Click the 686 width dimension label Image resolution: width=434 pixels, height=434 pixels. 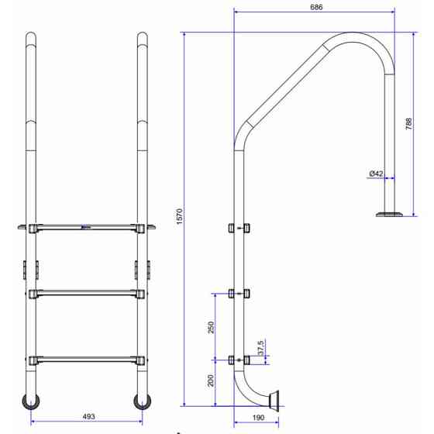pos(316,7)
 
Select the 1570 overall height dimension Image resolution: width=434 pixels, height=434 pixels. pos(180,216)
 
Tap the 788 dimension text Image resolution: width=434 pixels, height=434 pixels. pos(408,124)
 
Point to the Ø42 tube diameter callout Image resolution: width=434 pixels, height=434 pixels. pos(376,174)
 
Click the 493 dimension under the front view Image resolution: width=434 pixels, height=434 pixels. pos(88,416)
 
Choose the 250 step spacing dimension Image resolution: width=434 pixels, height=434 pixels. pos(211,327)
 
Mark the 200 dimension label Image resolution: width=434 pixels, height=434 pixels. pos(211,381)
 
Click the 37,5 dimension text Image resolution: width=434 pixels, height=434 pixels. pos(260,348)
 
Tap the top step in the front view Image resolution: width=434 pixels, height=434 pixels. pos(86,228)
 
